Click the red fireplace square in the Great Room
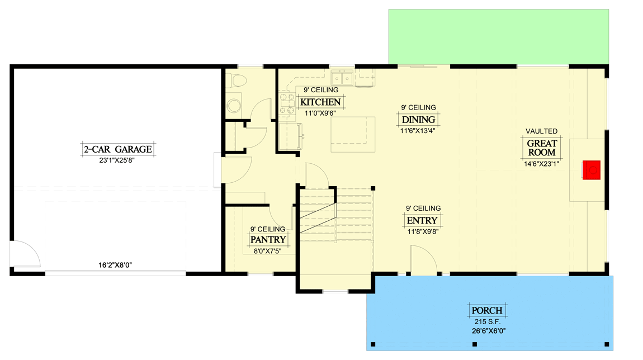pyautogui.click(x=592, y=170)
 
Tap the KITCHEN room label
pyautogui.click(x=320, y=102)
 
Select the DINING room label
pyautogui.click(x=418, y=120)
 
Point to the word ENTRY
pyautogui.click(x=422, y=220)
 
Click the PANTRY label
pyautogui.click(x=268, y=240)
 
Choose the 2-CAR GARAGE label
pyautogui.click(x=117, y=149)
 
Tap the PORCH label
pyautogui.click(x=486, y=311)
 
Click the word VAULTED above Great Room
pyautogui.click(x=541, y=131)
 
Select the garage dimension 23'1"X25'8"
pyautogui.click(x=117, y=159)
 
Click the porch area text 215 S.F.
pyautogui.click(x=486, y=321)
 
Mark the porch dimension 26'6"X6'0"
pyautogui.click(x=486, y=330)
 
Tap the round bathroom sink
pyautogui.click(x=234, y=106)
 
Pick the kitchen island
pyautogui.click(x=353, y=134)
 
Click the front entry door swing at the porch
pyautogui.click(x=423, y=260)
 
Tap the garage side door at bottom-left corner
pyautogui.click(x=25, y=254)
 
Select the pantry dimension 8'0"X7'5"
pyautogui.click(x=268, y=251)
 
